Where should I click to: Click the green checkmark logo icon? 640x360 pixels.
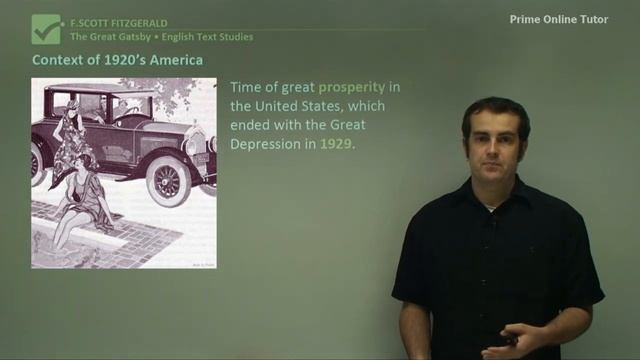(x=46, y=28)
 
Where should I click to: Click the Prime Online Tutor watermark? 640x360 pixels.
(x=565, y=19)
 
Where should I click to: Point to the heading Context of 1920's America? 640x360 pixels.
(x=117, y=61)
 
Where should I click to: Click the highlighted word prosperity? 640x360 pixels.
(x=351, y=87)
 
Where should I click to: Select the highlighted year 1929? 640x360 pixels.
(x=336, y=144)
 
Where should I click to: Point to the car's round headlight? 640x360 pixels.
(x=194, y=146)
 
